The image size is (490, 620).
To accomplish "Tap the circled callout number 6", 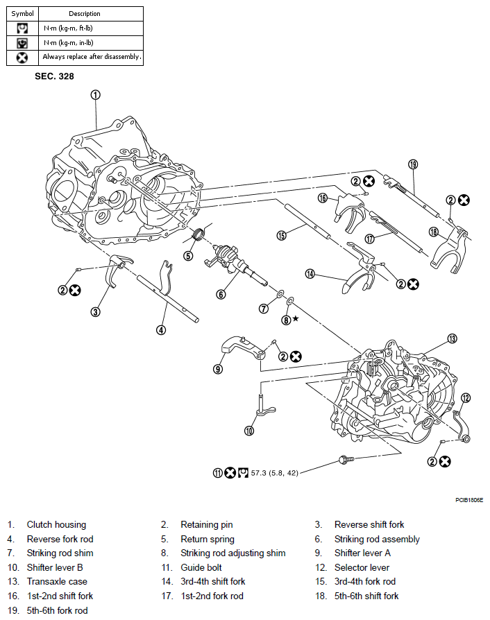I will [221, 294].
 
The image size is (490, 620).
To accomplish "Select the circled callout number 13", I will [452, 338].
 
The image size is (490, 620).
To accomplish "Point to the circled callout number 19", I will [413, 164].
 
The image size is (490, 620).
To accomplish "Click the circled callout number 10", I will [249, 431].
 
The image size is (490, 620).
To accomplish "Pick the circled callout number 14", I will [310, 275].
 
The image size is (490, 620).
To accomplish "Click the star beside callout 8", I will [296, 318].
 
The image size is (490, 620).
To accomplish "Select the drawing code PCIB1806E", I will [469, 499].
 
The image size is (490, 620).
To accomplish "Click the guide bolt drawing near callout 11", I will [345, 459].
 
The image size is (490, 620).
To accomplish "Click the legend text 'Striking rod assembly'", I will [377, 539].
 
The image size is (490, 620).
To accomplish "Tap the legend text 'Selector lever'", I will [362, 567].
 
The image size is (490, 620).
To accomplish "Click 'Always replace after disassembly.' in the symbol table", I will [92, 57].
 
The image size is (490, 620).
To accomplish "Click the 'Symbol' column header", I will [22, 13].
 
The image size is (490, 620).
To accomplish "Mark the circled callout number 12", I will [466, 397].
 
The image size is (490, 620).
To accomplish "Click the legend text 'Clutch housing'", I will [56, 524].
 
